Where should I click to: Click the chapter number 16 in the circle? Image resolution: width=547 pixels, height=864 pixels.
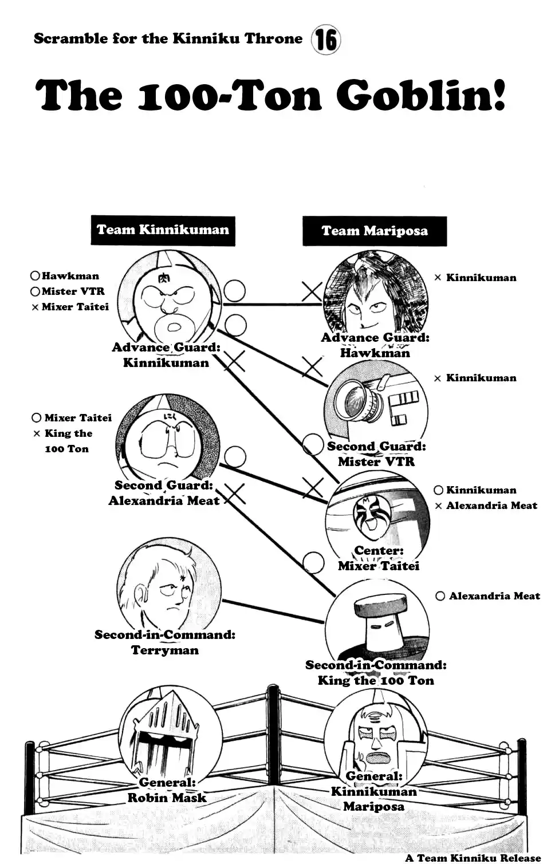pyautogui.click(x=325, y=41)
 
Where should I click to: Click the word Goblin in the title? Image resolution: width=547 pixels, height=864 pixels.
pyautogui.click(x=421, y=95)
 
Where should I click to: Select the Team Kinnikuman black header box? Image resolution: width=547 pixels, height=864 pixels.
pyautogui.click(x=163, y=230)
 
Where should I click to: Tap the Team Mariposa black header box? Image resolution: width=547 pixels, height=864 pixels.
pyautogui.click(x=375, y=231)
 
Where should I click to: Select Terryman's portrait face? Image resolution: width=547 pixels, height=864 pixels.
pyautogui.click(x=167, y=590)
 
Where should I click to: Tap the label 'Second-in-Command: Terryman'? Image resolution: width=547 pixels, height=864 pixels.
pyautogui.click(x=165, y=642)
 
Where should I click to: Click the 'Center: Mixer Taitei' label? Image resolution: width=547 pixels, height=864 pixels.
pyautogui.click(x=379, y=558)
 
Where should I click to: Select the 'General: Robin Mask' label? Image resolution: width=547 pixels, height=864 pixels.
pyautogui.click(x=167, y=790)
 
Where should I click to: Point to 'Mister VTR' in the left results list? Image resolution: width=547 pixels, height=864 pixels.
pyautogui.click(x=73, y=291)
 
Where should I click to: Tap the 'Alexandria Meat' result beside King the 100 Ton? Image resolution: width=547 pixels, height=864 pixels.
pyautogui.click(x=494, y=596)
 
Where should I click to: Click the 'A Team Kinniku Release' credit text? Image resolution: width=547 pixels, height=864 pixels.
pyautogui.click(x=473, y=858)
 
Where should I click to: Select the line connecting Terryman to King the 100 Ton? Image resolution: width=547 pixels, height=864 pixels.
pyautogui.click(x=272, y=611)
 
